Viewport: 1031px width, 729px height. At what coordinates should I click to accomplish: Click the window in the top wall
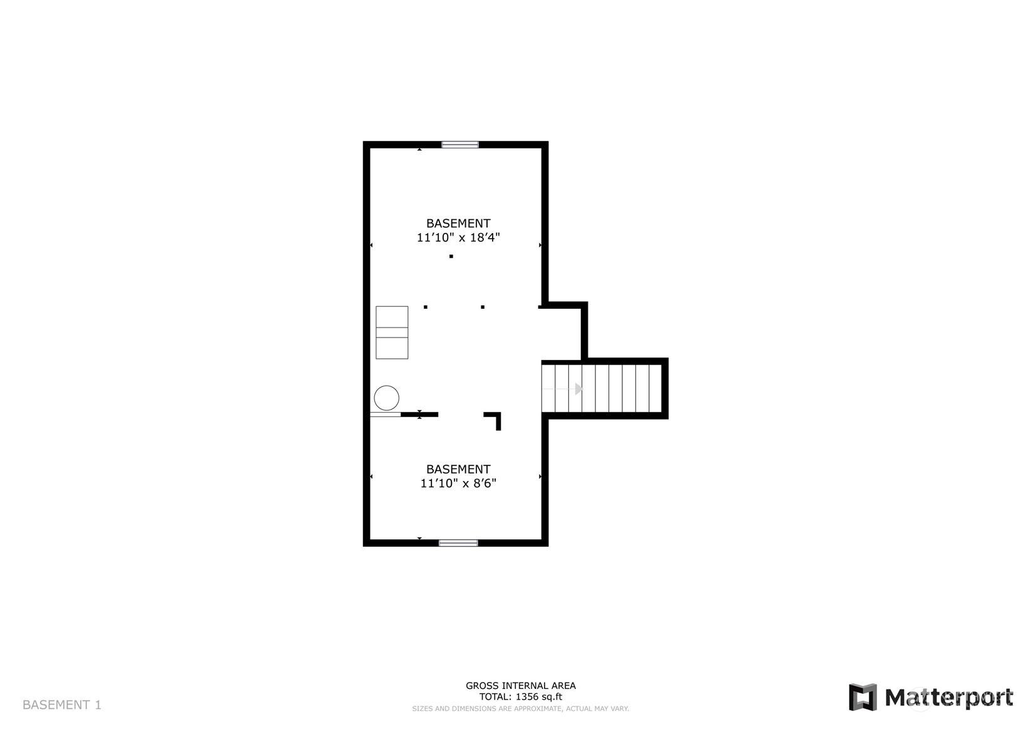click(x=460, y=145)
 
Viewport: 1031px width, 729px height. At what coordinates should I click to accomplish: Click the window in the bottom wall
click(x=458, y=543)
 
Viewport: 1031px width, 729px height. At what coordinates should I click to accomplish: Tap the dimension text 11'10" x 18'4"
click(x=458, y=237)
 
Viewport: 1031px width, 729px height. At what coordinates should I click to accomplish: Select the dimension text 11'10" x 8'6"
click(x=458, y=483)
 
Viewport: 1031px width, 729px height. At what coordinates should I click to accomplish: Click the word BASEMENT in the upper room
click(x=458, y=224)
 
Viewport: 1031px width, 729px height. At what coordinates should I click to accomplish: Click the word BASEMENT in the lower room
click(x=458, y=469)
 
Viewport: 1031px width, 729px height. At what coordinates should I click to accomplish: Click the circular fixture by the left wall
click(x=386, y=398)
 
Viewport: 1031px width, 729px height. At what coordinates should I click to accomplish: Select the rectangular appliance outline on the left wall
click(x=392, y=333)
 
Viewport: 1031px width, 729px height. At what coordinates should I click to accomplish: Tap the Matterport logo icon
click(x=863, y=697)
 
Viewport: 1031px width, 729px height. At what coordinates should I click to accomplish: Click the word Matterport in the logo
click(x=949, y=698)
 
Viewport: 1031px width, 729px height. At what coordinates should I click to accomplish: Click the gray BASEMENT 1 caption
click(x=62, y=705)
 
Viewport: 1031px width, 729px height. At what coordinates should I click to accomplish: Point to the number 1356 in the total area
click(x=526, y=697)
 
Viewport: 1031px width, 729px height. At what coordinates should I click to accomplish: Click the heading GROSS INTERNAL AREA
click(x=521, y=686)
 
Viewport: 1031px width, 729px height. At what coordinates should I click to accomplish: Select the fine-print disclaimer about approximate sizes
click(x=521, y=709)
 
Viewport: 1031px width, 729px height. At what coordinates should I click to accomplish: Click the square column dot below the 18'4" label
click(x=451, y=256)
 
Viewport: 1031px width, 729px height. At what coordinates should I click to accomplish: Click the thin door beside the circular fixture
click(x=385, y=415)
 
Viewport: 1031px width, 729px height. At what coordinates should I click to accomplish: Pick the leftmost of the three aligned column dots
click(x=425, y=307)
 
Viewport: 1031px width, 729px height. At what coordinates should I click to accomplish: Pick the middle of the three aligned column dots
click(x=483, y=307)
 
